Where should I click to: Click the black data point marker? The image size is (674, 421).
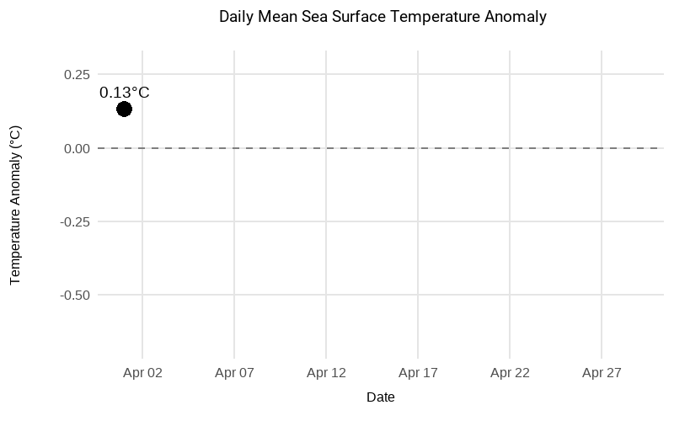pyautogui.click(x=124, y=109)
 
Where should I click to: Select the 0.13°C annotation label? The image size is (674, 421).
pyautogui.click(x=124, y=93)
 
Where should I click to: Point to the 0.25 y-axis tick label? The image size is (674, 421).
pyautogui.click(x=76, y=74)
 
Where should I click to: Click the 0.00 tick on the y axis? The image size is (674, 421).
pyautogui.click(x=76, y=148)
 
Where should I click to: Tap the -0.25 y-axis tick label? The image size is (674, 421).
pyautogui.click(x=74, y=221)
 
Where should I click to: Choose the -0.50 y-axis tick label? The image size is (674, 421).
pyautogui.click(x=74, y=296)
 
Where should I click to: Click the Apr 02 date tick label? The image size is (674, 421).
pyautogui.click(x=142, y=372)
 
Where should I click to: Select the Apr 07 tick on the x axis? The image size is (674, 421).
pyautogui.click(x=234, y=372)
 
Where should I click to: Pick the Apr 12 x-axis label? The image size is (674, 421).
pyautogui.click(x=326, y=372)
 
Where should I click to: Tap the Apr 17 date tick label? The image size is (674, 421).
pyautogui.click(x=418, y=372)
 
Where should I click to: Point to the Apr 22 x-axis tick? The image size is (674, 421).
pyautogui.click(x=510, y=372)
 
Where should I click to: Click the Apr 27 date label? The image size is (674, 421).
pyautogui.click(x=602, y=372)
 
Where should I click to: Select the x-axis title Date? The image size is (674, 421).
pyautogui.click(x=381, y=397)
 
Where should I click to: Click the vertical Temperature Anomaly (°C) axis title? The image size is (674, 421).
pyautogui.click(x=15, y=205)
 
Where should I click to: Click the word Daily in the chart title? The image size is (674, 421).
pyautogui.click(x=235, y=17)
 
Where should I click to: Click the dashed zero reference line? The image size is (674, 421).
pyautogui.click(x=379, y=148)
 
